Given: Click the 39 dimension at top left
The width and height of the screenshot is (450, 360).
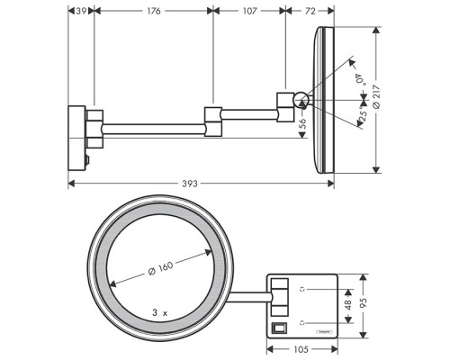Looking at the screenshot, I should click(x=81, y=11).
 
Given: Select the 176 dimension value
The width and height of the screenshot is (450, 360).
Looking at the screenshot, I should click(x=154, y=11).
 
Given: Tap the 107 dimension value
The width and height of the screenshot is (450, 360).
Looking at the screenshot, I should click(x=250, y=11).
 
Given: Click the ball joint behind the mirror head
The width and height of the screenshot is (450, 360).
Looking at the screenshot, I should click(x=301, y=101).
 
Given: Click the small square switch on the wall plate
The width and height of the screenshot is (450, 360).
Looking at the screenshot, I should click(x=278, y=326).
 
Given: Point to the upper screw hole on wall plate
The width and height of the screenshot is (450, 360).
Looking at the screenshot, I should click(x=303, y=289).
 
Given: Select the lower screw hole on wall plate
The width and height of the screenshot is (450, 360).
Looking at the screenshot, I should click(x=303, y=320).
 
